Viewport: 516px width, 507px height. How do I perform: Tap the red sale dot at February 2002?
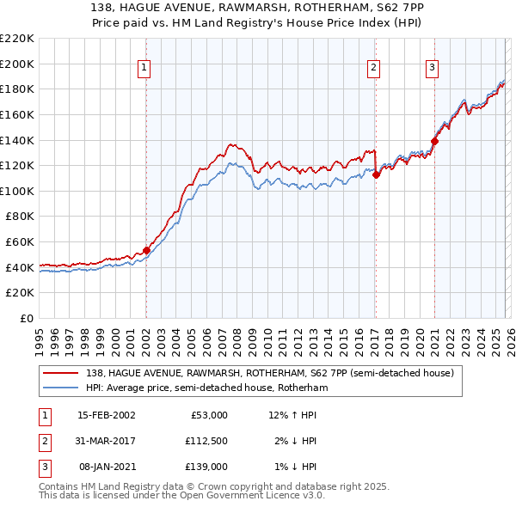pyautogui.click(x=146, y=251)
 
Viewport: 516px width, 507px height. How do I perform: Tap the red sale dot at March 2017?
pyautogui.click(x=376, y=174)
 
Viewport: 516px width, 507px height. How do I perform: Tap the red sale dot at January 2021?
pyautogui.click(x=434, y=141)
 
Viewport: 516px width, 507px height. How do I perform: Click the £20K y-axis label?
pyautogui.click(x=21, y=293)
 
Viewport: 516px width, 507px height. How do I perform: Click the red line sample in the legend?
pyautogui.click(x=60, y=373)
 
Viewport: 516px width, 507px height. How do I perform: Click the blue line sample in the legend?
pyautogui.click(x=60, y=388)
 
